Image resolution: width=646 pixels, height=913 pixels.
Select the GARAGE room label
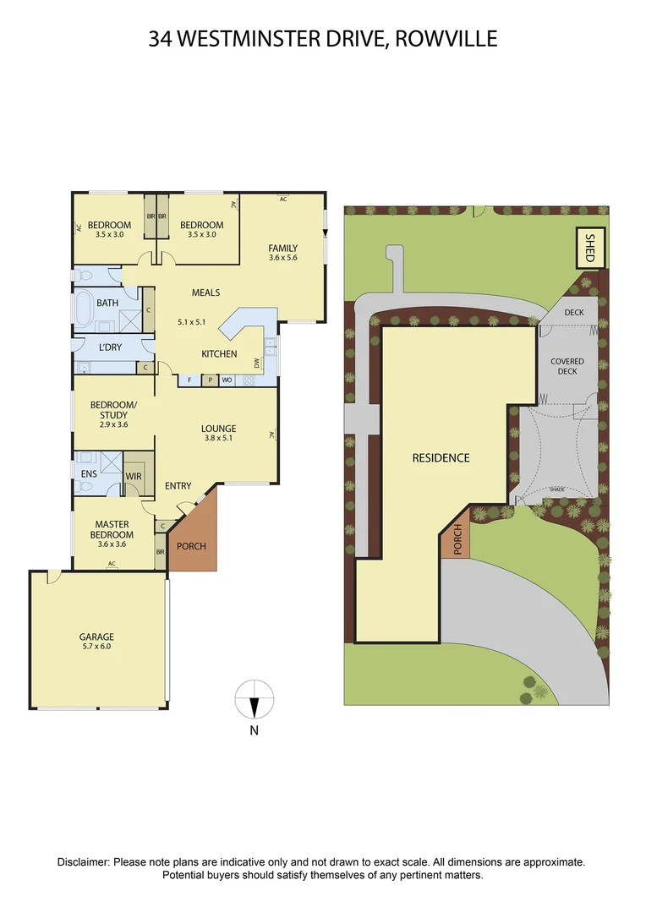click(96, 637)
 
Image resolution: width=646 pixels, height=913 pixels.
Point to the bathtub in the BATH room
click(85, 309)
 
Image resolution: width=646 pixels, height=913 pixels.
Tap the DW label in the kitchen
click(257, 364)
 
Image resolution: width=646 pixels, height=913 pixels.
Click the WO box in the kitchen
click(227, 380)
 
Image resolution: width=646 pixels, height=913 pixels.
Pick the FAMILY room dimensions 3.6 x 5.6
click(283, 258)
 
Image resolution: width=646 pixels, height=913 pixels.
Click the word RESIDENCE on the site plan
click(441, 457)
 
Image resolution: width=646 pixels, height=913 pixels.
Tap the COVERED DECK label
click(567, 366)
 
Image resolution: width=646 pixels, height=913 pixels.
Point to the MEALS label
click(205, 292)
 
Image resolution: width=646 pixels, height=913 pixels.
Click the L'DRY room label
click(112, 348)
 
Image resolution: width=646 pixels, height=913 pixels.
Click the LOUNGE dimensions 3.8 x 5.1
click(219, 439)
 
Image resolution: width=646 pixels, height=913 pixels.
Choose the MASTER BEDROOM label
click(113, 529)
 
